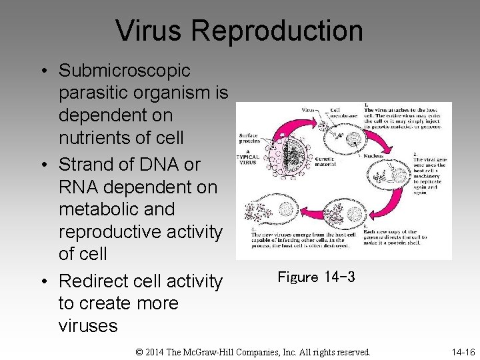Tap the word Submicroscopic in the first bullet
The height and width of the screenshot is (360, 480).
125,70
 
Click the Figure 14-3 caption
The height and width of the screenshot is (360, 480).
316,277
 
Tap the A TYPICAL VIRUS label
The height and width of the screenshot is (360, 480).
248,159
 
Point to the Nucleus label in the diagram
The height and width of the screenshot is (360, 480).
374,156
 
